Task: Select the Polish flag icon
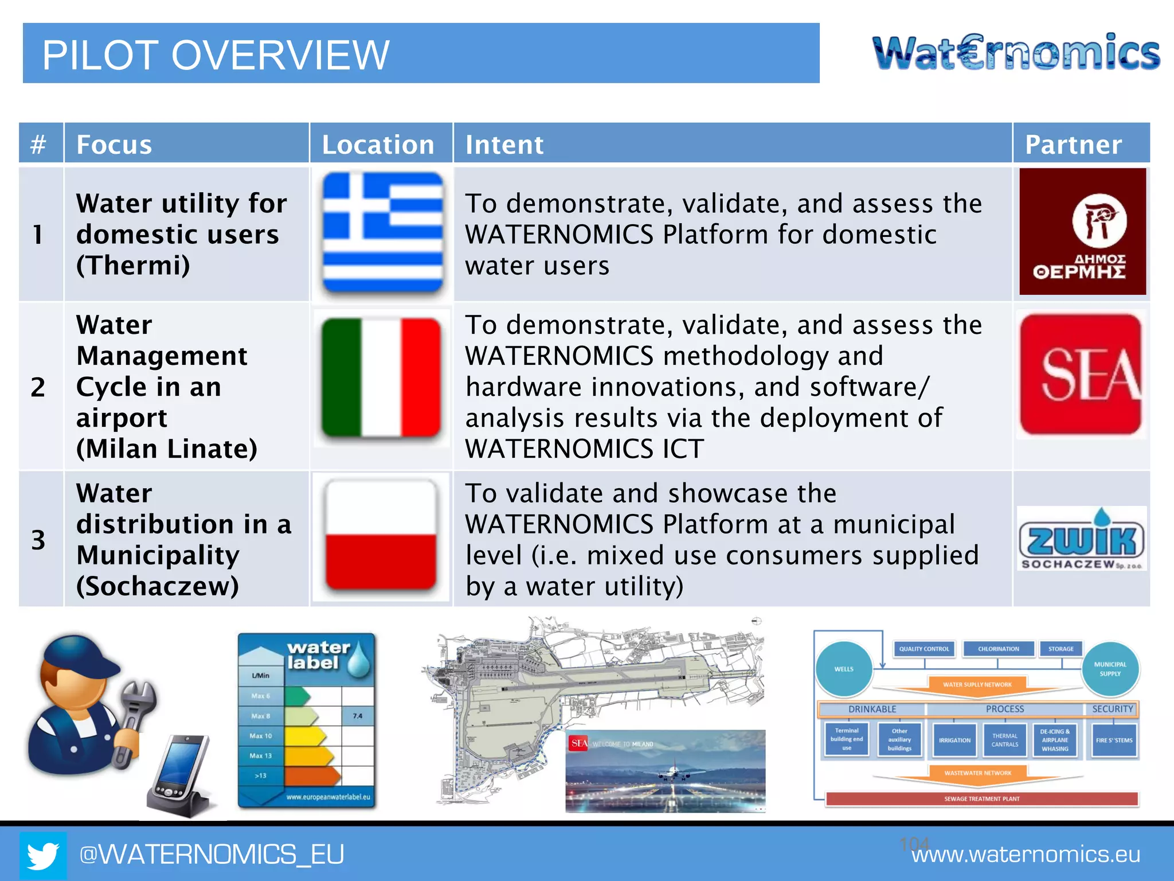point(381,535)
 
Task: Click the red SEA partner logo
point(1081,374)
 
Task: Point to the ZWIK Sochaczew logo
point(1082,539)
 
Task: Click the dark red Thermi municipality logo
point(1082,232)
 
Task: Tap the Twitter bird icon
point(43,855)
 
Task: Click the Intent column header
point(504,145)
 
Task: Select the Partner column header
point(1073,145)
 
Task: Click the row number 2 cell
point(38,387)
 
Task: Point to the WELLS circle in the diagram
point(844,669)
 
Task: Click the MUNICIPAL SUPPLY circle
point(1110,669)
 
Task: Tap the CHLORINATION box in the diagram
point(999,649)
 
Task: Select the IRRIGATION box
point(954,740)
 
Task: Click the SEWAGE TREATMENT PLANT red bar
point(981,798)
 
